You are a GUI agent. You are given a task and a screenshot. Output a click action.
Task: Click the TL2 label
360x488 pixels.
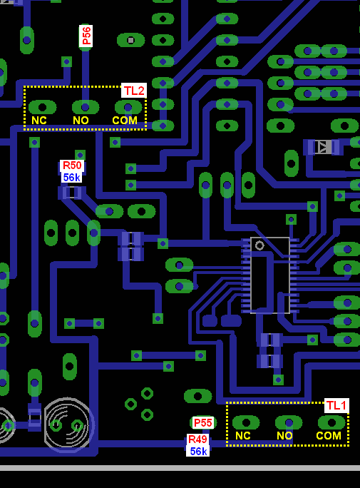pos(134,91)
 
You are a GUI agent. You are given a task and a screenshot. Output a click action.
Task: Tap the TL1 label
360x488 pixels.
pos(336,405)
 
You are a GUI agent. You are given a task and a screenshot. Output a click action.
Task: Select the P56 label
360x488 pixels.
pos(86,36)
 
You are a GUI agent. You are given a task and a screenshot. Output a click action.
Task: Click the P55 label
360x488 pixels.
pos(203,422)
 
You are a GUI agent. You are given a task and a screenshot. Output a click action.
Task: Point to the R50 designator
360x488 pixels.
pos(72,166)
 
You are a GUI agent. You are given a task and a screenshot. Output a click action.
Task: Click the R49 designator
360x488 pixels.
pos(197,439)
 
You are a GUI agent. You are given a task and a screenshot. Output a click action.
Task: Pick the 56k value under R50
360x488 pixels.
pos(72,178)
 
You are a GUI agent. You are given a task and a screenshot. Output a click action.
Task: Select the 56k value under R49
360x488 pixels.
pos(198,451)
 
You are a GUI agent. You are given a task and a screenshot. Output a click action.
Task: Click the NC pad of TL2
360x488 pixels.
pos(42,108)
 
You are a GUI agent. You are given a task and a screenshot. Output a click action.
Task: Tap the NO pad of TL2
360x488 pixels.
pos(86,108)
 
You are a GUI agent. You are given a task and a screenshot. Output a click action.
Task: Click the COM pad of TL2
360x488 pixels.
pos(128,107)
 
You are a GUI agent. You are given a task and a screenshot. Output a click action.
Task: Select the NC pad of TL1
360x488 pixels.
pos(246,422)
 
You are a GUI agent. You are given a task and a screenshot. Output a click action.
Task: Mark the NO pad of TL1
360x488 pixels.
pos(289,422)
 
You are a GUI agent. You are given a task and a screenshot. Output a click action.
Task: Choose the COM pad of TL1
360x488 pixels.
pos(331,422)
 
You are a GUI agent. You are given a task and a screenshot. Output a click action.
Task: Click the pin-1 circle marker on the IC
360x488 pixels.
pos(259,245)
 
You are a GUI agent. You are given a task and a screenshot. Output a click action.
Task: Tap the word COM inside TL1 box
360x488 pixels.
pos(329,436)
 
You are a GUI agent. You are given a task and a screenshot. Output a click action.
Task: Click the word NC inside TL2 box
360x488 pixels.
pos(39,121)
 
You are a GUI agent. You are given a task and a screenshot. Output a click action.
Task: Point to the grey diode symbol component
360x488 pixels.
pos(324,147)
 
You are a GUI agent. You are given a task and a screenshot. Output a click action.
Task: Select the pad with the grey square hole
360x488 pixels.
pos(131,41)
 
